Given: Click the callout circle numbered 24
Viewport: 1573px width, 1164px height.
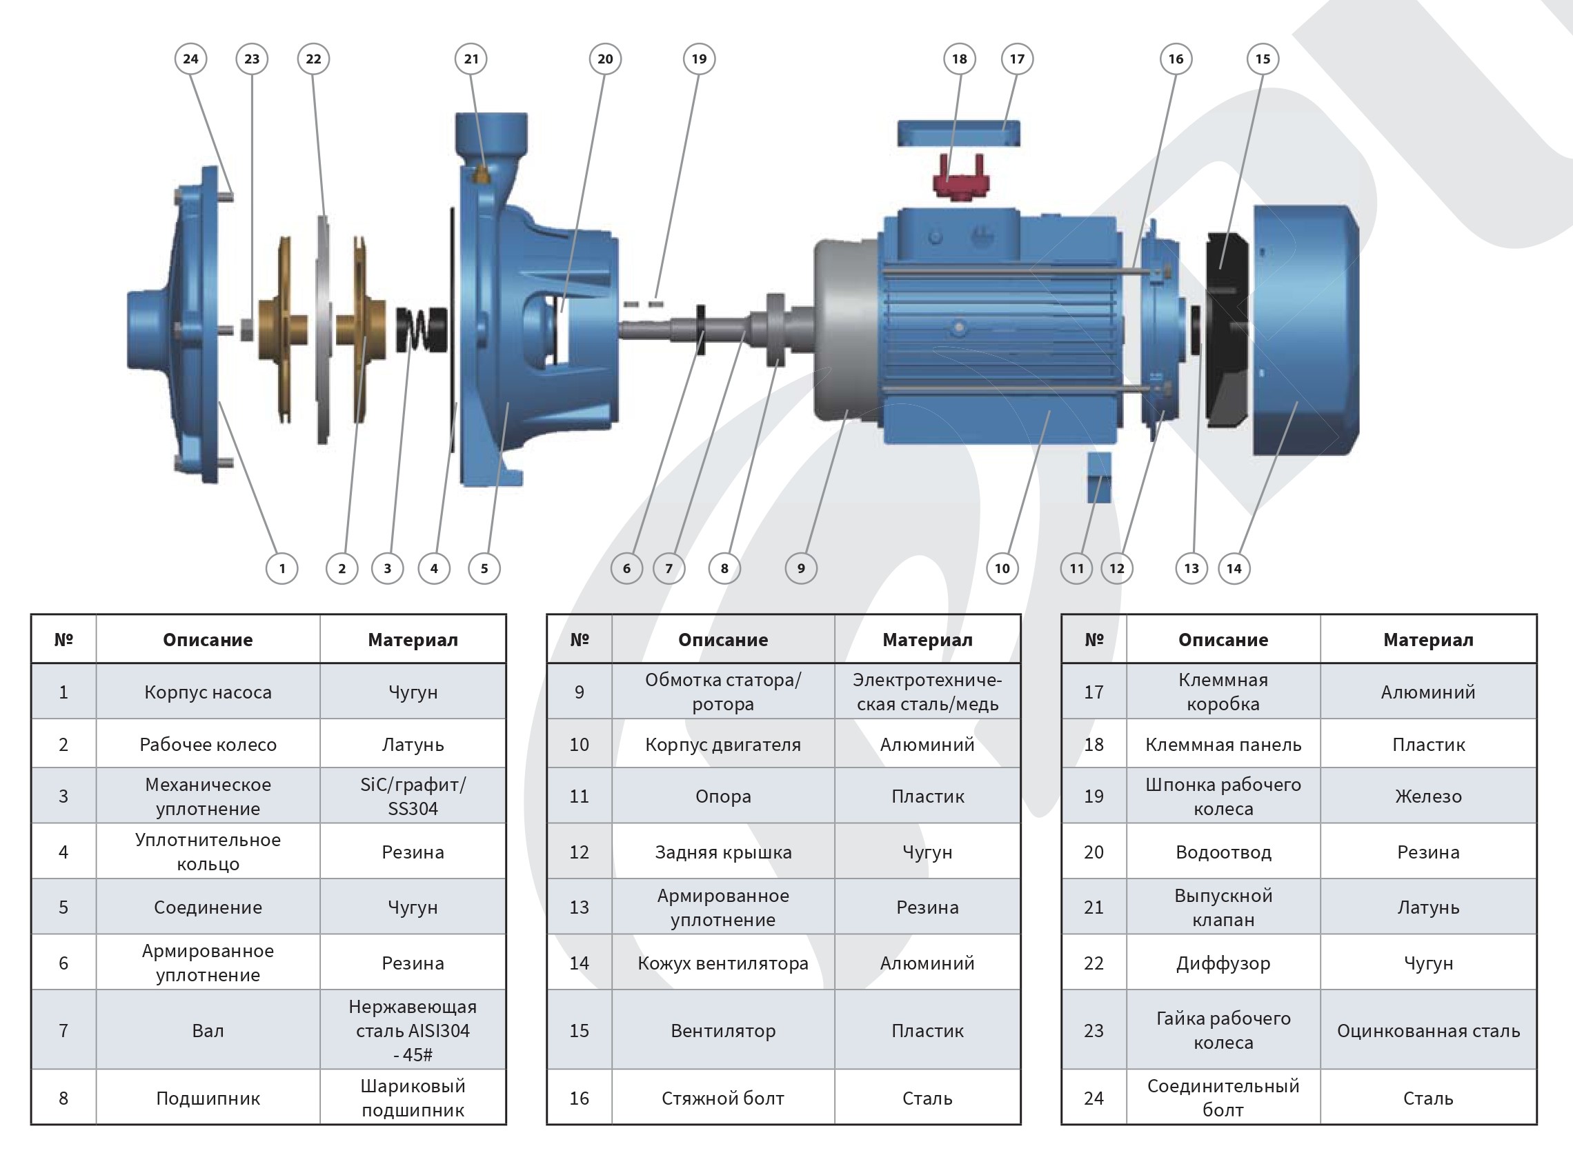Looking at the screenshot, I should click(190, 59).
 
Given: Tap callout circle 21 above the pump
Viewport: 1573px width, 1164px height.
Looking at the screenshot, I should click(471, 59).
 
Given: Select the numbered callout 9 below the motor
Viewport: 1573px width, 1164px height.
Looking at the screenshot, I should click(800, 568).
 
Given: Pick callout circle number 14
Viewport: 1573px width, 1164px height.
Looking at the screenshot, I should click(1234, 568).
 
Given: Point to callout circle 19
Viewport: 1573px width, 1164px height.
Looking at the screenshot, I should click(698, 59).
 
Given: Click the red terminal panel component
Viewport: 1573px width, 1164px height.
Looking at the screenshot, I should click(960, 180).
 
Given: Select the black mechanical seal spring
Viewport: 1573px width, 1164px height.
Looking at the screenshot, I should click(422, 330).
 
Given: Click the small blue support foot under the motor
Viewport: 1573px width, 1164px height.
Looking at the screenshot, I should click(1099, 477).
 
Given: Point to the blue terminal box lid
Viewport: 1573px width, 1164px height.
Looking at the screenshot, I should click(958, 132).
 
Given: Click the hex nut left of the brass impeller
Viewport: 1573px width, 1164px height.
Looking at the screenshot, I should click(247, 330).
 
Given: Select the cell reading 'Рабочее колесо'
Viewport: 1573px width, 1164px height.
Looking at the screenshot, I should click(208, 744).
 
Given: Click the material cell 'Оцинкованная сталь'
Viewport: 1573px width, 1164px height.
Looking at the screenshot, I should click(1428, 1030).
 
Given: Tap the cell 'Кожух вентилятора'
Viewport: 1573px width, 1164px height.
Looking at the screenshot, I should click(722, 963).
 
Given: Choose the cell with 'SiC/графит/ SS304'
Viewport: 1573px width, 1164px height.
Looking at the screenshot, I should click(413, 796).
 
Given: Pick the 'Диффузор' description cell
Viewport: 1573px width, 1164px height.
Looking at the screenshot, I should click(1223, 963).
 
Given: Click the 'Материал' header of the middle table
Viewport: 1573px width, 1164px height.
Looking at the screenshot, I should click(927, 639).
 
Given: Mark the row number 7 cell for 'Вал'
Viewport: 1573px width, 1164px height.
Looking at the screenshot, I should click(63, 1030).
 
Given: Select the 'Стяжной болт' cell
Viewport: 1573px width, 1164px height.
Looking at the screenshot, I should click(722, 1098).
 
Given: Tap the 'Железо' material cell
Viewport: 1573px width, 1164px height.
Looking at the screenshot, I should click(1428, 796).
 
